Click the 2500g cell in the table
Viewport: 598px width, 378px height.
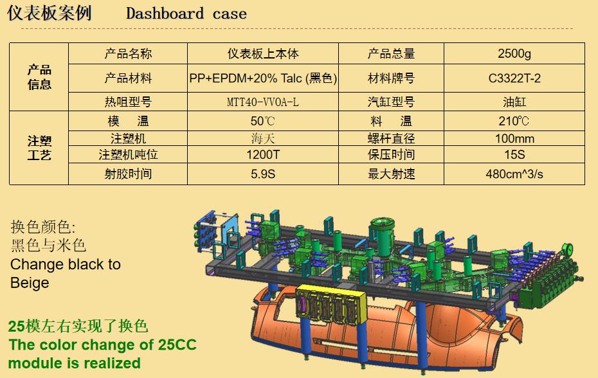pos(514,54)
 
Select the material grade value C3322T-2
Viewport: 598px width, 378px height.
pos(514,78)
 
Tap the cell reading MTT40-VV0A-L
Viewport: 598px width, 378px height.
pos(262,102)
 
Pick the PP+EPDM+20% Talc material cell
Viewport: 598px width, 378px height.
pos(263,78)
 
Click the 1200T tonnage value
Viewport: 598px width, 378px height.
pos(262,155)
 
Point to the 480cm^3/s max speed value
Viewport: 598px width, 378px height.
pos(514,174)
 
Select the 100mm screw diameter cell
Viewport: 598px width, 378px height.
pos(514,138)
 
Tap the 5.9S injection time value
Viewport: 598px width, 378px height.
pos(262,174)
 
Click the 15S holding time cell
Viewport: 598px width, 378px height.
pos(514,155)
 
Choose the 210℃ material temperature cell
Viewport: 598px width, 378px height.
pos(514,121)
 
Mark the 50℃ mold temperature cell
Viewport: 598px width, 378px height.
pos(262,121)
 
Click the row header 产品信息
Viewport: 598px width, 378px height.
pos(39,77)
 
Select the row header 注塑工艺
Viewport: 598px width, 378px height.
pos(39,148)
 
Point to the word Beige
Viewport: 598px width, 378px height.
pos(30,283)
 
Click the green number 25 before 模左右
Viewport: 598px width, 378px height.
pos(16,326)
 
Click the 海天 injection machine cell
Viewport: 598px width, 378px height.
pos(262,138)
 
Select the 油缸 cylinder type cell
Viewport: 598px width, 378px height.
pos(514,102)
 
